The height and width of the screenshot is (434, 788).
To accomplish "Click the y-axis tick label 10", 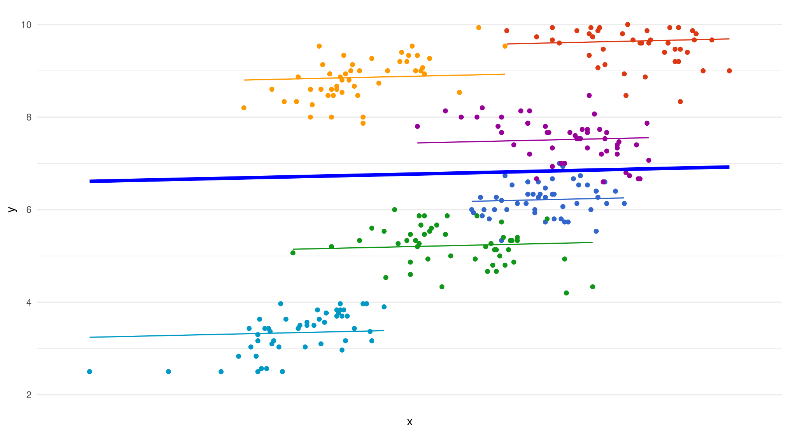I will click(26, 25).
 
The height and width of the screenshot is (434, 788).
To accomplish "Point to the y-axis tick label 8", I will click(29, 117).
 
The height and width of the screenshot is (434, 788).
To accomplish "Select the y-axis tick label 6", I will click(29, 210).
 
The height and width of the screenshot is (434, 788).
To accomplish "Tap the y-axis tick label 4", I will click(29, 302).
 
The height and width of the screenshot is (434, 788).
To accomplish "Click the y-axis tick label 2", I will click(29, 395).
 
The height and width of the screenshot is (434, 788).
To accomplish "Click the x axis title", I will click(409, 422).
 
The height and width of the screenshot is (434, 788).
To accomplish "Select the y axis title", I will click(12, 210).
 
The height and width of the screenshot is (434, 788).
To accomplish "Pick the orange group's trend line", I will click(365, 77).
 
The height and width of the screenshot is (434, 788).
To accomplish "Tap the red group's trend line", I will click(620, 41).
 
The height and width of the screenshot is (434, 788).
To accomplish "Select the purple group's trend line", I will click(529, 140).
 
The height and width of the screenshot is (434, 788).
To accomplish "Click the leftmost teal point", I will click(90, 372).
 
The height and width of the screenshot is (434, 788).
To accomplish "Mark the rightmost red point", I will click(729, 71).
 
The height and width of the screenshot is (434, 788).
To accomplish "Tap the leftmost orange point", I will click(244, 108).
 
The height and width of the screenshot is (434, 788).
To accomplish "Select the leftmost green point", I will click(293, 253).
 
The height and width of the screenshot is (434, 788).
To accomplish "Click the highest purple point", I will click(589, 96).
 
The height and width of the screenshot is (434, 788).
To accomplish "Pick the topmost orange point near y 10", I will click(479, 28).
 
